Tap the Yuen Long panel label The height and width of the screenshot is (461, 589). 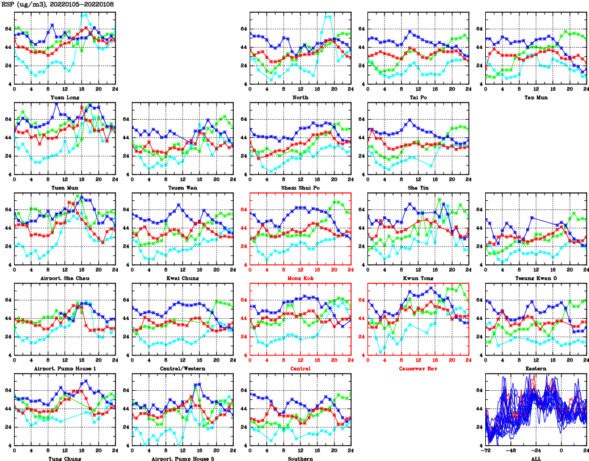click(x=64, y=97)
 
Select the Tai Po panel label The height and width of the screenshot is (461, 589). click(x=417, y=97)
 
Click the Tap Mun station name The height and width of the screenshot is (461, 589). click(x=535, y=97)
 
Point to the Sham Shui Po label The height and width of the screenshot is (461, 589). click(x=300, y=187)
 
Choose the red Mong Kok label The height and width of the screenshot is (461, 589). click(x=300, y=278)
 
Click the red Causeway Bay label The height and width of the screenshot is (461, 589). click(x=417, y=368)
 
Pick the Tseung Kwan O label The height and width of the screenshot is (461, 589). click(x=535, y=278)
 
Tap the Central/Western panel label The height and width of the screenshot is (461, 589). click(x=182, y=368)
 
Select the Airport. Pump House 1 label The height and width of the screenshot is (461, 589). click(x=64, y=368)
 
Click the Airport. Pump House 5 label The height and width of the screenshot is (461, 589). click(x=182, y=459)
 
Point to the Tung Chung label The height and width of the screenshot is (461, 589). click(x=64, y=459)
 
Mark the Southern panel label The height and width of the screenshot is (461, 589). click(x=300, y=459)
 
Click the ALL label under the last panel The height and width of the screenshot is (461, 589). click(x=535, y=459)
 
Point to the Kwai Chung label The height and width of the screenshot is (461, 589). click(x=182, y=278)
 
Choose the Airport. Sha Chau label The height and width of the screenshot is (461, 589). click(x=64, y=278)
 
